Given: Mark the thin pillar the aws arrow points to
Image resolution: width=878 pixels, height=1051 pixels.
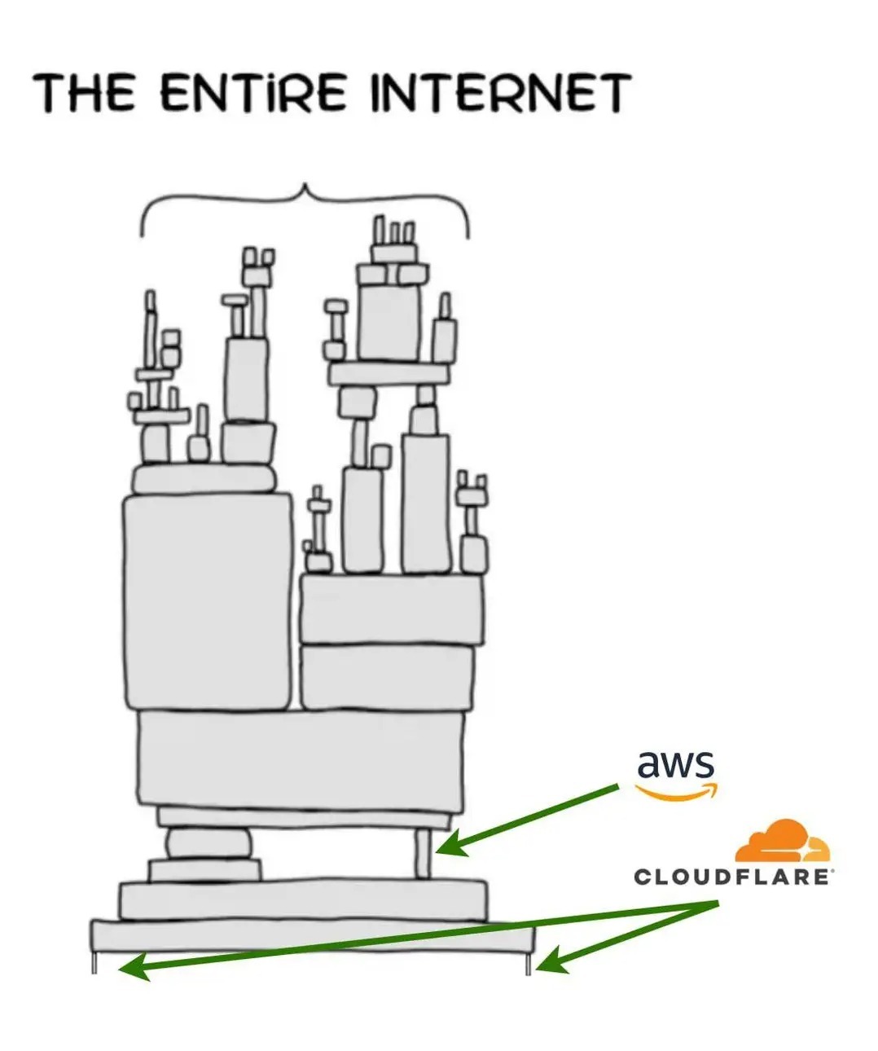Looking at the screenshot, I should [423, 853].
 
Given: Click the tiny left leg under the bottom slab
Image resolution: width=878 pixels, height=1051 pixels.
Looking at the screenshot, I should [94, 962].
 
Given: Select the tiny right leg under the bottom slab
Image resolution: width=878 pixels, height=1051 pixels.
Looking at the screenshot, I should [529, 964].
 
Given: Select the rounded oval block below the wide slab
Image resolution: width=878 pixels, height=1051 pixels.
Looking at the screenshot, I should [209, 843].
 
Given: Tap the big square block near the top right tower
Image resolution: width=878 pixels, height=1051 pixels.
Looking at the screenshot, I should [389, 321].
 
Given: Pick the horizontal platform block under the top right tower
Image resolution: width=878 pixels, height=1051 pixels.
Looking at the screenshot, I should [389, 374].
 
